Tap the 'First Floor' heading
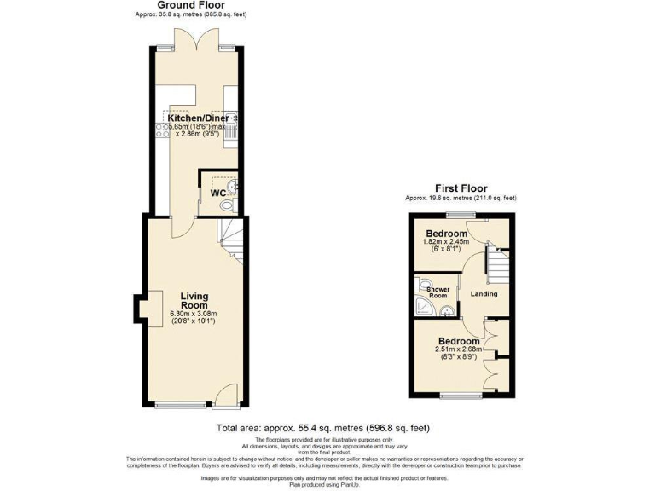point(461,188)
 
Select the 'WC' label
point(217,193)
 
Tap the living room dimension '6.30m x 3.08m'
point(194,314)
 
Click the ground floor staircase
point(230,238)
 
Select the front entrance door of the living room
point(226,394)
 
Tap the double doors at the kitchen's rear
point(197,41)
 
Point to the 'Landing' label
point(484,294)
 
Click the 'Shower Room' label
point(426,292)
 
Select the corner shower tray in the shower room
point(423,307)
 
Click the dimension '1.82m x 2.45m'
point(446,242)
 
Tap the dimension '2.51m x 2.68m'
point(459,349)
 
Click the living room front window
point(181,404)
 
